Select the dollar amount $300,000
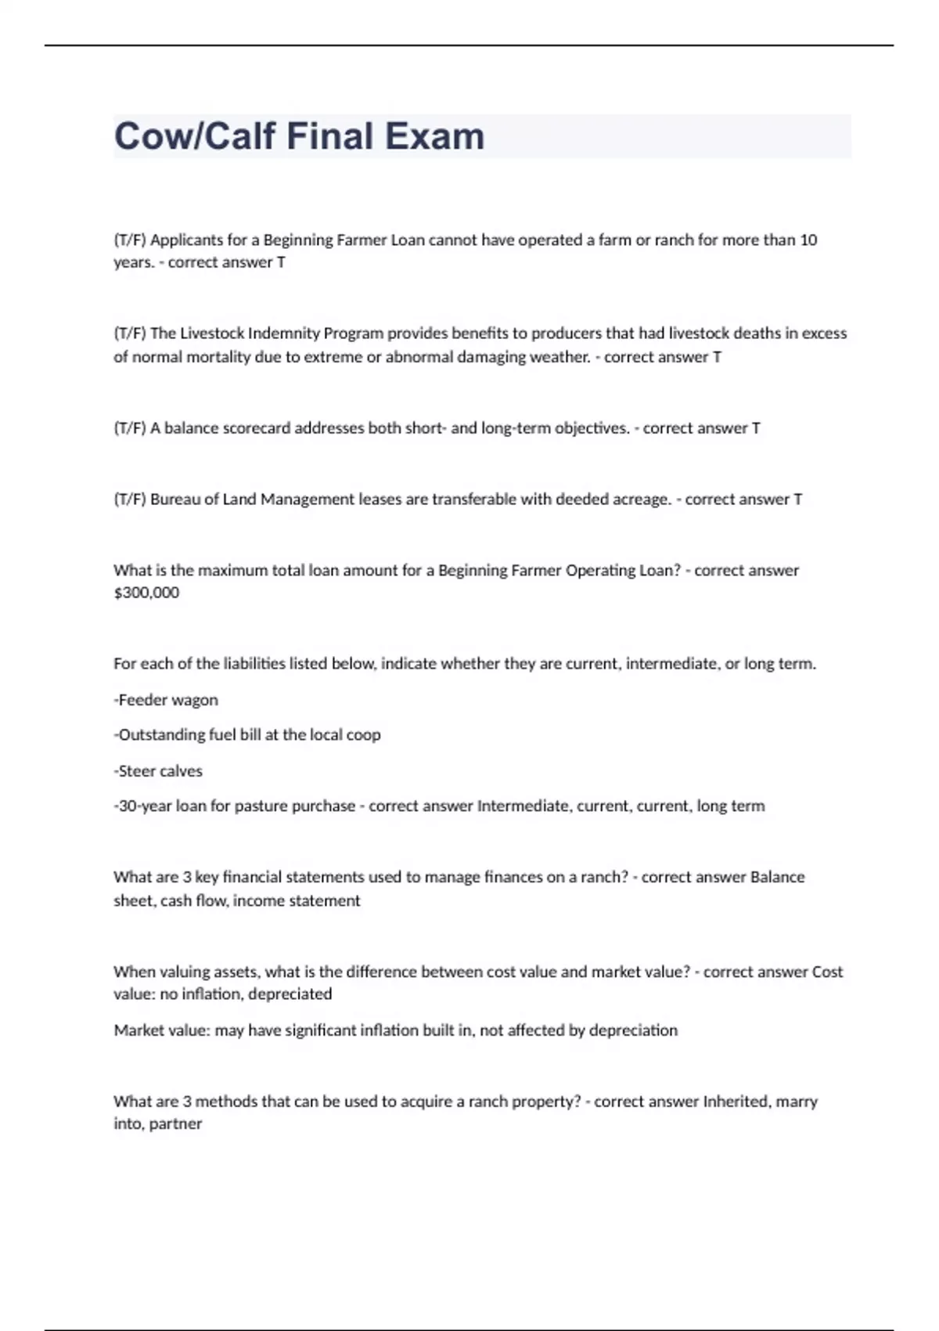[x=146, y=593]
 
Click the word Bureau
[x=174, y=500]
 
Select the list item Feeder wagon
[x=166, y=700]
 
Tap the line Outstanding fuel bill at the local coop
[x=247, y=735]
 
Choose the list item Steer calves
[x=159, y=771]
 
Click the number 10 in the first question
[x=808, y=240]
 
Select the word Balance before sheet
[x=777, y=878]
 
